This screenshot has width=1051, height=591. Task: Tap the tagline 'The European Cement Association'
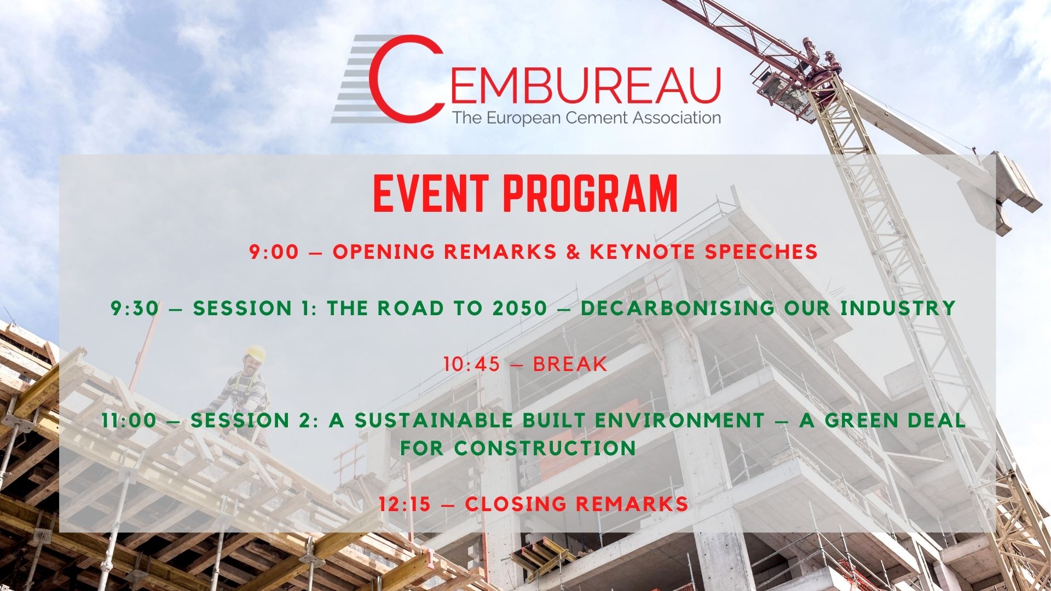pyautogui.click(x=586, y=118)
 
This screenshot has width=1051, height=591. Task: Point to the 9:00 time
pyautogui.click(x=274, y=252)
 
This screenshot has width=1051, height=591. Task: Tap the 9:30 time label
pyautogui.click(x=135, y=308)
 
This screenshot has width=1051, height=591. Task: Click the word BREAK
pyautogui.click(x=570, y=364)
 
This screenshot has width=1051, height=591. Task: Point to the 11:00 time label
pyautogui.click(x=129, y=420)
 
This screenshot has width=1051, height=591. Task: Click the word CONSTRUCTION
pyautogui.click(x=545, y=448)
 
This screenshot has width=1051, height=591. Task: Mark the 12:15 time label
pyautogui.click(x=406, y=504)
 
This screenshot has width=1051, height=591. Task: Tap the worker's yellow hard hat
pyautogui.click(x=256, y=353)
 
